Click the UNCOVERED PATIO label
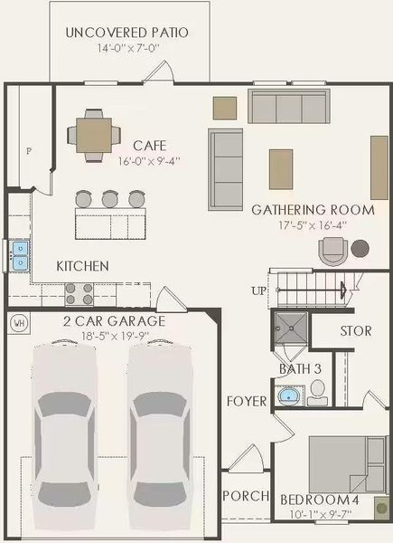click(x=127, y=33)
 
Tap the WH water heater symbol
click(x=17, y=321)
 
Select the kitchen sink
click(x=19, y=255)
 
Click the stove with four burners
click(x=79, y=292)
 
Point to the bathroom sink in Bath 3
click(x=288, y=395)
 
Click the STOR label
click(x=355, y=331)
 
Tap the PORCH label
click(x=245, y=496)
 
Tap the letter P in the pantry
click(x=29, y=151)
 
